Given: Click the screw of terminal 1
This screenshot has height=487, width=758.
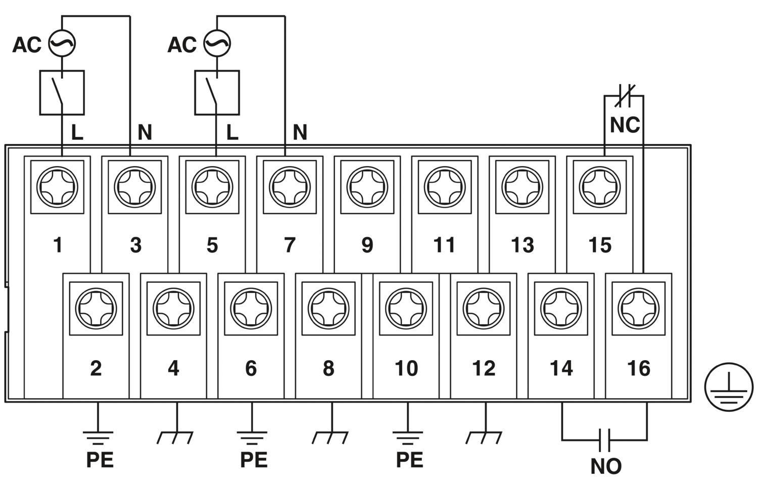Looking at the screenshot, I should [57, 186].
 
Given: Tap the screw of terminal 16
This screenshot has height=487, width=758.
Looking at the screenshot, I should [639, 308].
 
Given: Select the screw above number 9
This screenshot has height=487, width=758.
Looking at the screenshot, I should [367, 186].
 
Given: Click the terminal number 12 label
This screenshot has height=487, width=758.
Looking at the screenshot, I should [484, 368].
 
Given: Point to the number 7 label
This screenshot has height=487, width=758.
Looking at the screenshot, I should [290, 245].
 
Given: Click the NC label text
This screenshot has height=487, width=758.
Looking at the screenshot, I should [625, 125].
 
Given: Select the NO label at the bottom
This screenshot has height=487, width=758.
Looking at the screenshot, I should [605, 466].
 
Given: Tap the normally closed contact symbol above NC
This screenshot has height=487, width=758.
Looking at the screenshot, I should [625, 95].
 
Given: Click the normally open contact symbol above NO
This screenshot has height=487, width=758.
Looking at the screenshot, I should [604, 440].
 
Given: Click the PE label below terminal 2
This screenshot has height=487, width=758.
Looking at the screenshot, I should [100, 460].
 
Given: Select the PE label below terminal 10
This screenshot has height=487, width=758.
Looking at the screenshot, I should [409, 460].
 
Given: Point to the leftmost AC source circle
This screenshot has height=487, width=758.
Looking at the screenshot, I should [62, 43].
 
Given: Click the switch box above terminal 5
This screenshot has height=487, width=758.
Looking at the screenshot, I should [217, 92].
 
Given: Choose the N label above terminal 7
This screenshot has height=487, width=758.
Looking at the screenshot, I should [300, 132].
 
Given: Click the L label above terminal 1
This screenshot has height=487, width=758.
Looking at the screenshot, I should [77, 132].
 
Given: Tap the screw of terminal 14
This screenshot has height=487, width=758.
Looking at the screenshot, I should [561, 308].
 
